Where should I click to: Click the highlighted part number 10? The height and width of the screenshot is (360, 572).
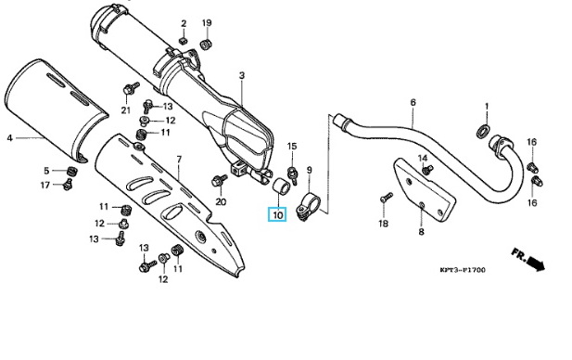point(277,214)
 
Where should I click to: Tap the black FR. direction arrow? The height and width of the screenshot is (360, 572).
point(536,264)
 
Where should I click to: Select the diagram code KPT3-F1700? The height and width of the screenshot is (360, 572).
point(463,270)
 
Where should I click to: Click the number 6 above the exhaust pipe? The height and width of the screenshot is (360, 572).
point(413,103)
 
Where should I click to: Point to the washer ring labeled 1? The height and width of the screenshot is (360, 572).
point(483,131)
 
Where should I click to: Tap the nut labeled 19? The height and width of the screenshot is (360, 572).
point(207,45)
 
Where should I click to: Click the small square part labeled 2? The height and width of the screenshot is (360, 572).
point(184,40)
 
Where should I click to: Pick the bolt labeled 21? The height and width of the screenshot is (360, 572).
point(131,88)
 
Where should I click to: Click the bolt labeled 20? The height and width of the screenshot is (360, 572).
point(220,180)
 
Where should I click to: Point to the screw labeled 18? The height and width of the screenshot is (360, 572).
point(386,198)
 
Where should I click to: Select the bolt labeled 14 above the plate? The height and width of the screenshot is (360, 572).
point(426,170)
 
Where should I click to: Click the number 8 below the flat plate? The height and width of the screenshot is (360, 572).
point(421,231)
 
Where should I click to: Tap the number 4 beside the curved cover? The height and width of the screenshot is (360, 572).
point(10,138)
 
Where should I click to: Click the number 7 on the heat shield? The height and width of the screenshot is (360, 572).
point(179,160)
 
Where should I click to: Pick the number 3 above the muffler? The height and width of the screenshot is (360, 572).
point(242,75)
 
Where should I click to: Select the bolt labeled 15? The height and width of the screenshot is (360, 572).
point(293,174)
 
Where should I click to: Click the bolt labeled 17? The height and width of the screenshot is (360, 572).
point(68,185)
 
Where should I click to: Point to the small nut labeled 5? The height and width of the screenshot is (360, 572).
point(72,170)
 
